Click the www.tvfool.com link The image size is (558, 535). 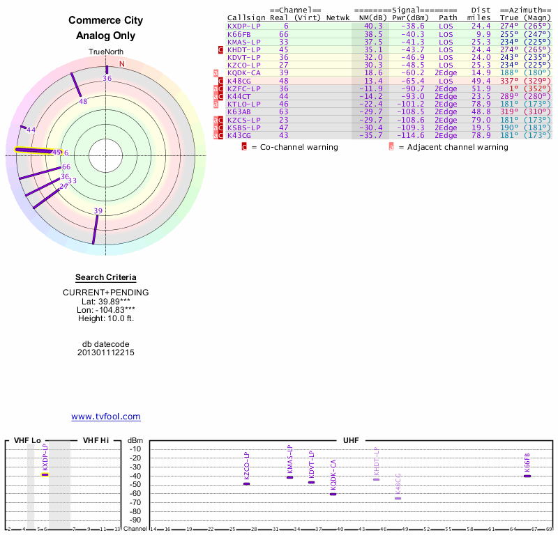pyautogui.click(x=106, y=417)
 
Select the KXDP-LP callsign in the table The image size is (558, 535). pyautogui.click(x=244, y=26)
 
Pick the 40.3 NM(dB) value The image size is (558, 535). pyautogui.click(x=373, y=26)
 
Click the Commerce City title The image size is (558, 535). pyautogui.click(x=106, y=20)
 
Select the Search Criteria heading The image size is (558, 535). pyautogui.click(x=106, y=278)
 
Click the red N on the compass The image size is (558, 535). pyautogui.click(x=122, y=64)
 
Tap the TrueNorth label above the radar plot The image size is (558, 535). pyautogui.click(x=106, y=52)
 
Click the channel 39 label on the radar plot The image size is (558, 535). pyautogui.click(x=98, y=211)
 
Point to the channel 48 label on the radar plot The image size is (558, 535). pyautogui.click(x=83, y=102)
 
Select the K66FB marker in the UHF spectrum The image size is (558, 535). pyautogui.click(x=527, y=476)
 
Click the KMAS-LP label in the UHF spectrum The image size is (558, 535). pyautogui.click(x=290, y=461)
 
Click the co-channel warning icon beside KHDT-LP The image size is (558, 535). pyautogui.click(x=221, y=50)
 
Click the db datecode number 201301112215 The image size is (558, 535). pyautogui.click(x=106, y=353)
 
